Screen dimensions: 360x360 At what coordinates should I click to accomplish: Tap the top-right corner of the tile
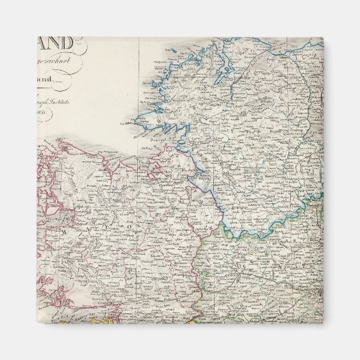(323, 37)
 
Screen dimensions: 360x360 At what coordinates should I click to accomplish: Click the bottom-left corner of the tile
(37, 323)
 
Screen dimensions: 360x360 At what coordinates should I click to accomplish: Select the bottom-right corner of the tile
(323, 323)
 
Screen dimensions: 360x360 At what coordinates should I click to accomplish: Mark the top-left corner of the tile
(37, 37)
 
